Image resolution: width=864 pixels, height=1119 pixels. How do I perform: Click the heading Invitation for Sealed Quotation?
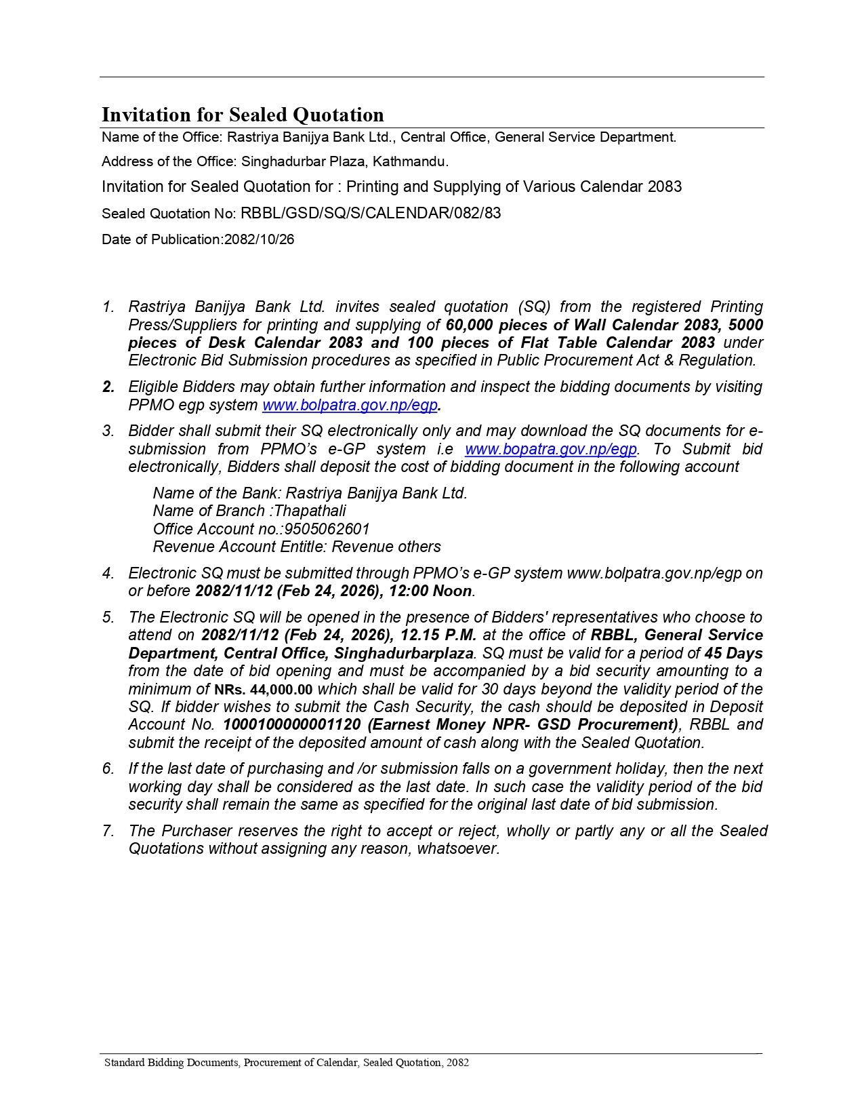tap(243, 115)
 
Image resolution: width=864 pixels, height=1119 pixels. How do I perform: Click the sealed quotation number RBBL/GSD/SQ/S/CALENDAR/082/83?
tap(371, 214)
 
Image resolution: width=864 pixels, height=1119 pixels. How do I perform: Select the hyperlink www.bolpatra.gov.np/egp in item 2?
tap(350, 406)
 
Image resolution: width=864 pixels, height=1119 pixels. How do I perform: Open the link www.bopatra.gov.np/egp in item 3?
tap(551, 450)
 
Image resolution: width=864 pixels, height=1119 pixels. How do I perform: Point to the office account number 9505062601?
tap(327, 529)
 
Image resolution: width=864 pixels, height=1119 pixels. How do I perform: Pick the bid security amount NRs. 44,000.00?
tap(264, 690)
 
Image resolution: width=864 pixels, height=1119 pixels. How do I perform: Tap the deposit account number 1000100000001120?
tap(292, 725)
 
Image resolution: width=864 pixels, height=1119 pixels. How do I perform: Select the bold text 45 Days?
tap(734, 654)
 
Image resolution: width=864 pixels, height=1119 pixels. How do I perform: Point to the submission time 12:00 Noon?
tap(430, 591)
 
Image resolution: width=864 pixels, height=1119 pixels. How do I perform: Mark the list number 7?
tap(108, 831)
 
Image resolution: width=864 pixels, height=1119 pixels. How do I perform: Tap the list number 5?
tap(108, 618)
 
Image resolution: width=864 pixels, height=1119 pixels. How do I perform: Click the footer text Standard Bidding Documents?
tap(172, 1063)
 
